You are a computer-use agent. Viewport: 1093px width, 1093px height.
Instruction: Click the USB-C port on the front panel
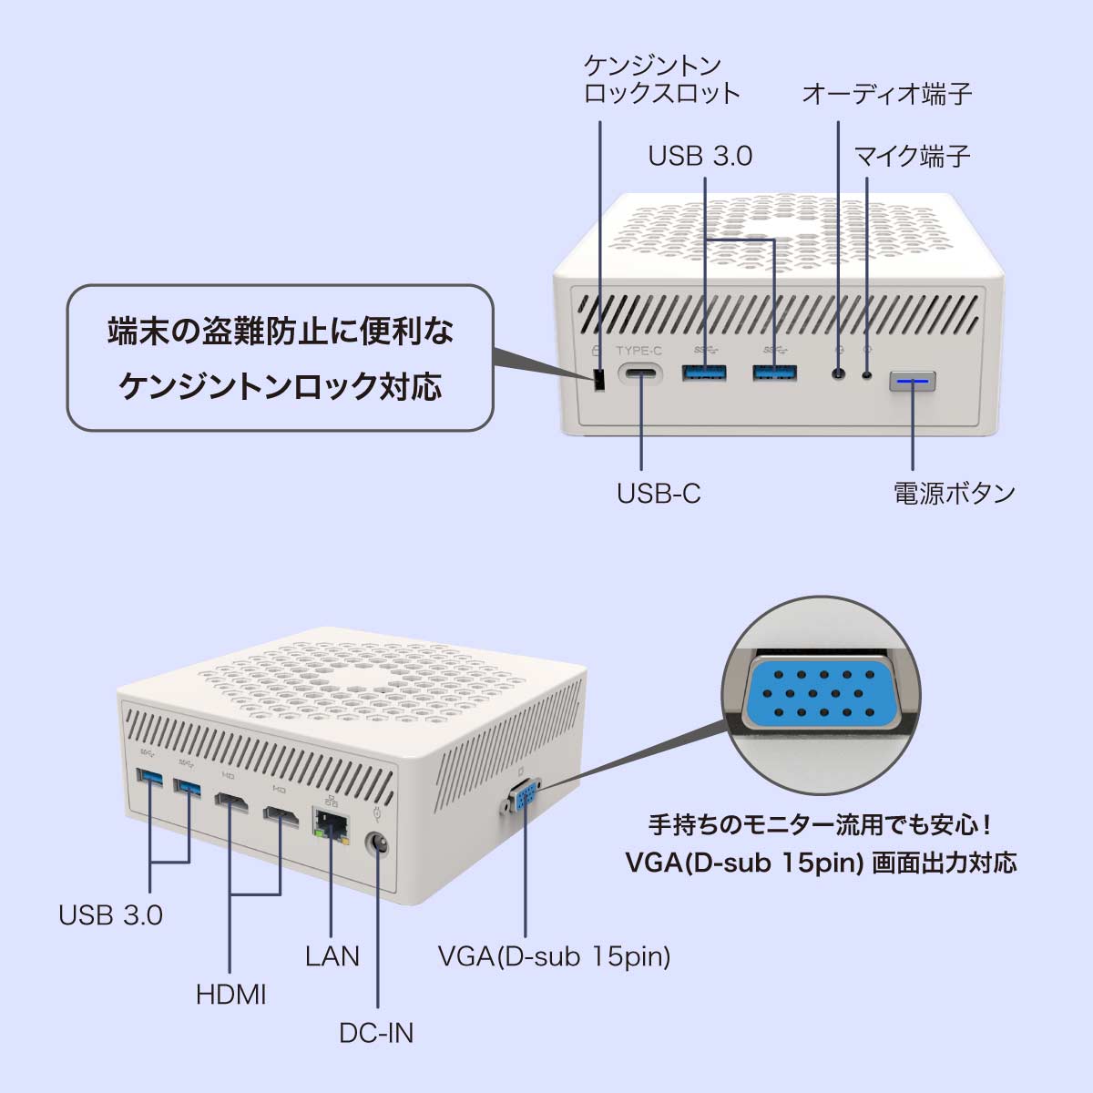pyautogui.click(x=641, y=375)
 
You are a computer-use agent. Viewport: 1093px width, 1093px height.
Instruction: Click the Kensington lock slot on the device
pyautogui.click(x=599, y=381)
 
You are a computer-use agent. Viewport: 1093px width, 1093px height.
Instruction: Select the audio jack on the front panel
pyautogui.click(x=838, y=373)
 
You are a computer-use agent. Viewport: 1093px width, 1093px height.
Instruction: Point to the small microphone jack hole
pyautogui.click(x=866, y=373)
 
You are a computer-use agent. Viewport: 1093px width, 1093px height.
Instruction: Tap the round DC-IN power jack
pyautogui.click(x=377, y=844)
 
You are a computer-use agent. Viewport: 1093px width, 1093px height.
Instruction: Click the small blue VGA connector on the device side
pyautogui.click(x=526, y=802)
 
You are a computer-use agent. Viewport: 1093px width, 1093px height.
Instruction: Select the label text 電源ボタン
pyautogui.click(x=954, y=493)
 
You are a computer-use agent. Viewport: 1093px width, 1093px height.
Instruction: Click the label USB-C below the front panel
pyautogui.click(x=658, y=493)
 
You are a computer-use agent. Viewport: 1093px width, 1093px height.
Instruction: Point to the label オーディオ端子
pyautogui.click(x=886, y=94)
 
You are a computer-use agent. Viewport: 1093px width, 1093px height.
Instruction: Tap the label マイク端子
pyautogui.click(x=911, y=156)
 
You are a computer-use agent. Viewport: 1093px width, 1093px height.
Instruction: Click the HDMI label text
pyautogui.click(x=230, y=994)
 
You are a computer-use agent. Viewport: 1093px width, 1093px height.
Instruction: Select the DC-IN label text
pyautogui.click(x=375, y=1033)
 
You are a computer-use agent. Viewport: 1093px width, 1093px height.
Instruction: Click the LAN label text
pyautogui.click(x=332, y=955)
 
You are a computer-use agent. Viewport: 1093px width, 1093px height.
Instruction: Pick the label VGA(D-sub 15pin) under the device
pyautogui.click(x=554, y=956)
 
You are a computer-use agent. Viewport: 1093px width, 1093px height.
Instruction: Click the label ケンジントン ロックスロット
pyautogui.click(x=661, y=79)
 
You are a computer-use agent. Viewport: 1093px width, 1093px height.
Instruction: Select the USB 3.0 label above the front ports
pyautogui.click(x=700, y=156)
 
